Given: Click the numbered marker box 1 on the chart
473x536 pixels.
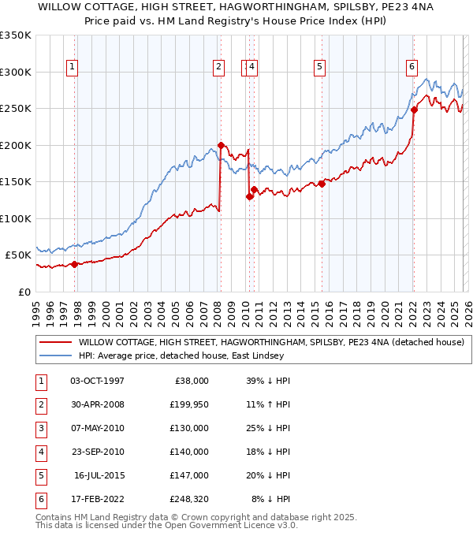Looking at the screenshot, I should pyautogui.click(x=72, y=68).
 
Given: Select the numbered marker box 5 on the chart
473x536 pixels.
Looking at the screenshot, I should pyautogui.click(x=319, y=68).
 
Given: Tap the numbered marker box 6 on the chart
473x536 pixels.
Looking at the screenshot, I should pyautogui.click(x=412, y=68).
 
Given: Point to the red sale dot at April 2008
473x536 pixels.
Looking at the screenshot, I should pyautogui.click(x=222, y=145).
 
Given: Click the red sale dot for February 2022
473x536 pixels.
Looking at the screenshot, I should pyautogui.click(x=414, y=110).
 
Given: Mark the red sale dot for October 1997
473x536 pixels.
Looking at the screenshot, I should pyautogui.click(x=75, y=264).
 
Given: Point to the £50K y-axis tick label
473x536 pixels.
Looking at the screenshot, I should pyautogui.click(x=18, y=255).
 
